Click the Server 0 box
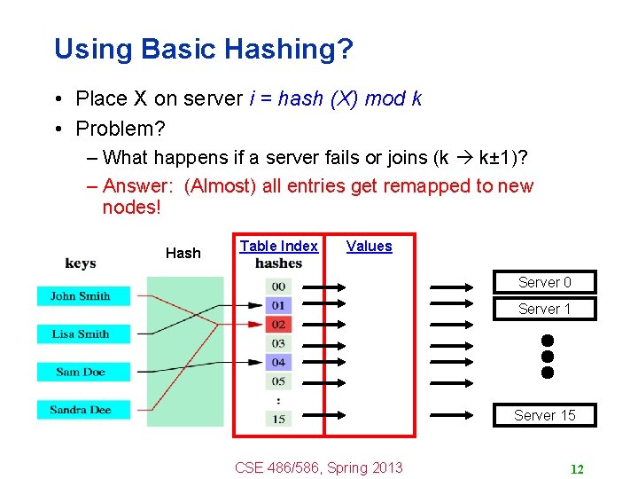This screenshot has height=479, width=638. click(544, 283)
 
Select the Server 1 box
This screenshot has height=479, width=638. click(544, 310)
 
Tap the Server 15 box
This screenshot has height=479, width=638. click(544, 415)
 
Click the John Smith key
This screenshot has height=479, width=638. click(80, 296)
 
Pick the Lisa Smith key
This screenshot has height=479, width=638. click(80, 334)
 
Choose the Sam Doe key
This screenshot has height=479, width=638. click(80, 372)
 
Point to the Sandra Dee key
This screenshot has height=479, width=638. click(80, 410)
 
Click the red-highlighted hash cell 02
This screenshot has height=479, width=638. click(278, 325)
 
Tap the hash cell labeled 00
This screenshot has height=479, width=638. click(278, 287)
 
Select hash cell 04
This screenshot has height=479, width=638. click(278, 362)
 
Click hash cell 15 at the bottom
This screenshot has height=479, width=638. click(278, 419)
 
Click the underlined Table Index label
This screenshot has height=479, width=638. click(278, 246)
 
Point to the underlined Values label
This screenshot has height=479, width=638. click(369, 246)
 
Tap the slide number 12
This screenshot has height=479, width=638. click(576, 469)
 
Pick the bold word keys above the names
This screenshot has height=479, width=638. click(81, 263)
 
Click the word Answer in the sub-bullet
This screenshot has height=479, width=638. click(140, 185)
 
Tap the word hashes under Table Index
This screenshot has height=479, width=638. click(278, 263)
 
